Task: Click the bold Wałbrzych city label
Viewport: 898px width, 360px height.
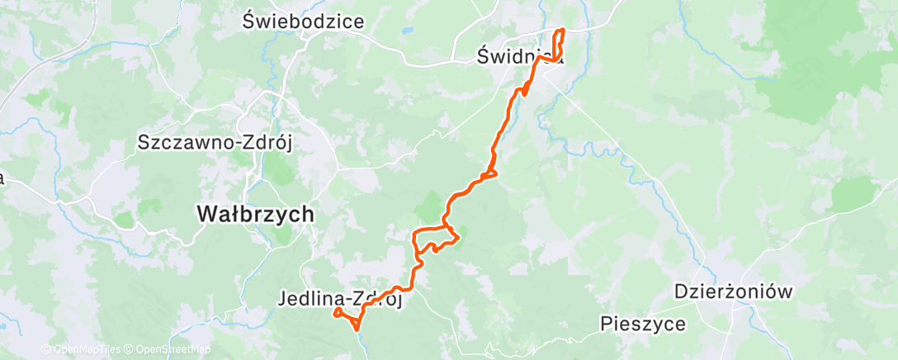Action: [x=256, y=214]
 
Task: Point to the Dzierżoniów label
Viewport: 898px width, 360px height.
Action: [x=733, y=291]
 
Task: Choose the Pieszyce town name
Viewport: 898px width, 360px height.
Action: [x=643, y=324]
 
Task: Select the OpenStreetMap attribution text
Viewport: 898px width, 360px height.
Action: [x=167, y=349]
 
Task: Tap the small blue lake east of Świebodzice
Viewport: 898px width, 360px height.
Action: [x=406, y=34]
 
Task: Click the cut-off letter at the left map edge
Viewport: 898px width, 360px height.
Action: [x=2, y=178]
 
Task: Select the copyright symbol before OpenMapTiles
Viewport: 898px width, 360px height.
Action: [x=45, y=349]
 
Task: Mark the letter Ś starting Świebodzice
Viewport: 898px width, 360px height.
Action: [x=250, y=21]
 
